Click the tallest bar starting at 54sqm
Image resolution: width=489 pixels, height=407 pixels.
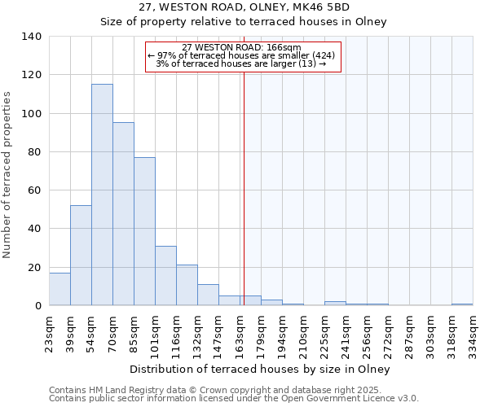[x=102, y=195]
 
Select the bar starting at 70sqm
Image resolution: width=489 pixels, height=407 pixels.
[x=123, y=214]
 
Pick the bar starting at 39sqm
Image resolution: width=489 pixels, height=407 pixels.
[x=81, y=256]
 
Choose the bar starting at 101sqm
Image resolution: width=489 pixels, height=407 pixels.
[x=165, y=276]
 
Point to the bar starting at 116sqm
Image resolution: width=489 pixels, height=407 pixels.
[x=187, y=285]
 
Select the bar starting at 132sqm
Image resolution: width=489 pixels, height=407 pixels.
[x=208, y=295]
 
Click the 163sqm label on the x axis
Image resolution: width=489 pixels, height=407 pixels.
[x=240, y=331]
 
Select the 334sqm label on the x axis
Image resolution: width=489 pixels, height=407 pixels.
[x=473, y=331]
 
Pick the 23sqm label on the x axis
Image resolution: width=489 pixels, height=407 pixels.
[x=49, y=331]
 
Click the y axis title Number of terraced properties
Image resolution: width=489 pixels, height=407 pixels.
[x=8, y=175]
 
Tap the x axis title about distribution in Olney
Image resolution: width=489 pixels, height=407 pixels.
[x=261, y=369]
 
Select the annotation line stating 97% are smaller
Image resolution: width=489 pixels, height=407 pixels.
[x=241, y=55]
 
